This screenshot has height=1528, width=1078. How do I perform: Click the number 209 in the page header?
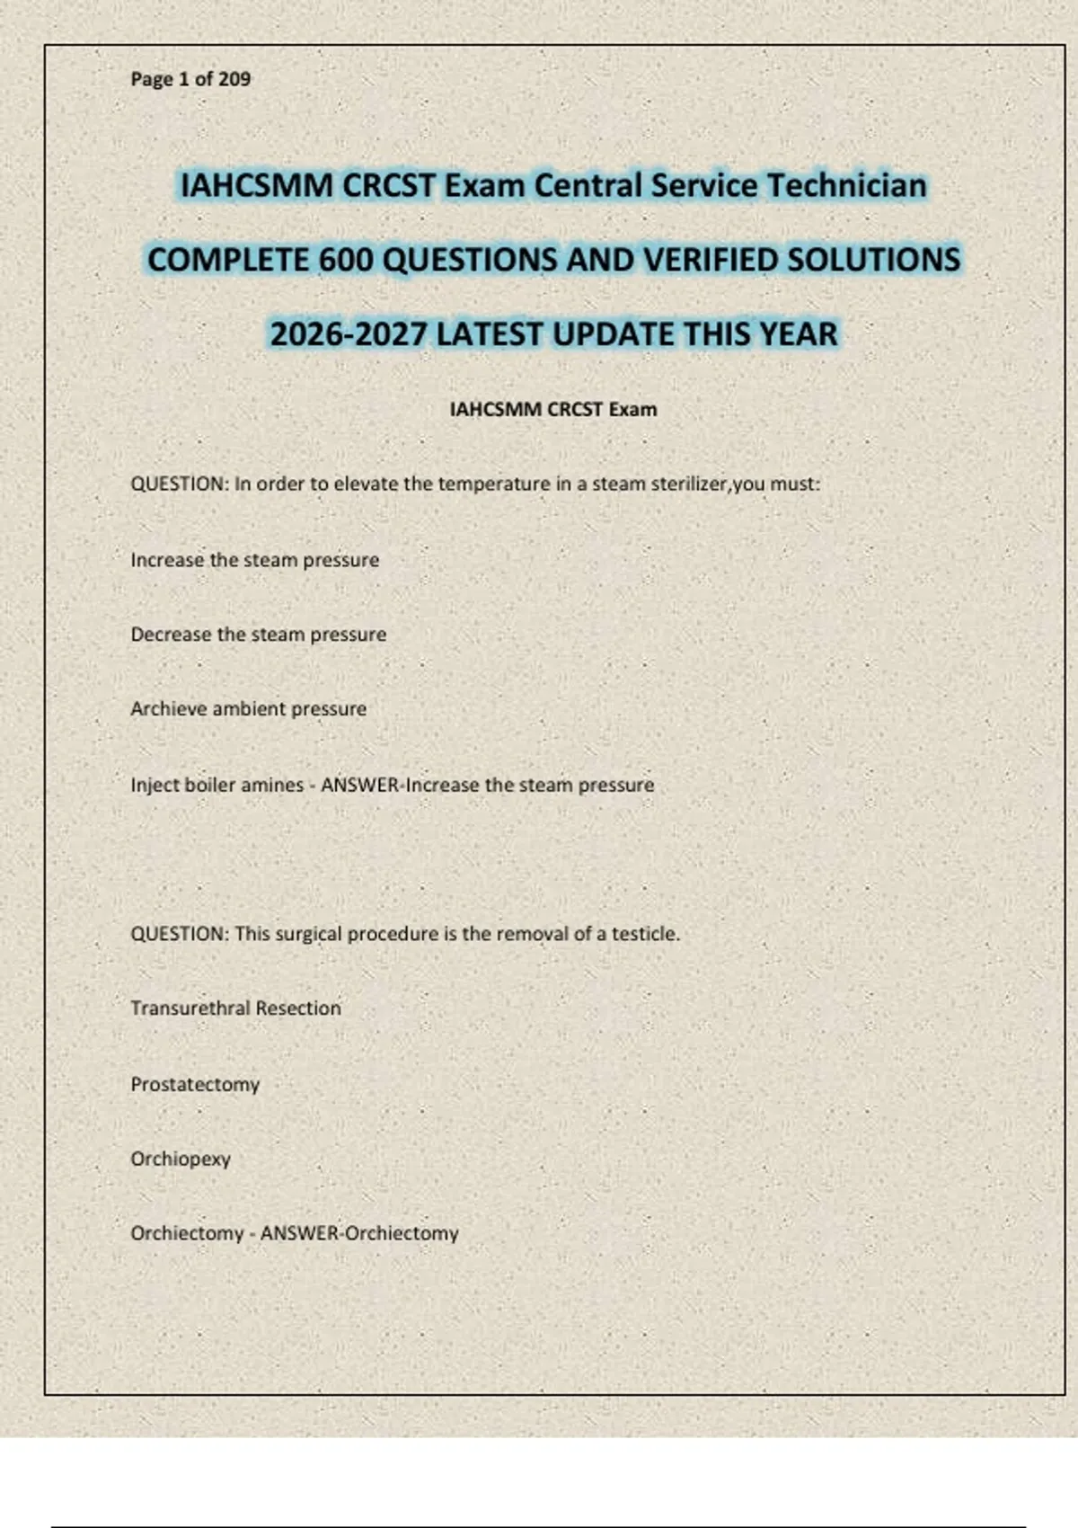[x=234, y=79]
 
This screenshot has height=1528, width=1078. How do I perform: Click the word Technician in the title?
[x=846, y=185]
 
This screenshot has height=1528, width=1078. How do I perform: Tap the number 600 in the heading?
[x=346, y=260]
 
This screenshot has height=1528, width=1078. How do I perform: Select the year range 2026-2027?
[x=348, y=334]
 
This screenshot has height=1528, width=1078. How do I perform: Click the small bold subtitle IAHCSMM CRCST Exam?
[x=552, y=409]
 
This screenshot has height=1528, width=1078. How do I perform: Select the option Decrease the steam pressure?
[x=258, y=635]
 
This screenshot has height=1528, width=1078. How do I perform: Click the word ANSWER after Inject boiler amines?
[x=359, y=785]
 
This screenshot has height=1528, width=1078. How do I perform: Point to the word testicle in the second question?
[x=644, y=934]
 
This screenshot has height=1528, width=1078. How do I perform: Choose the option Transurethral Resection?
[x=235, y=1008]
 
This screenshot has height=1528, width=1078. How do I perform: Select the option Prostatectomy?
[x=195, y=1084]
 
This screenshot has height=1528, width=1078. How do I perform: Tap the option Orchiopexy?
[x=181, y=1159]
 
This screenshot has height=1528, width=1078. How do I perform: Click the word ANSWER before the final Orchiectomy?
[x=299, y=1233]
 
